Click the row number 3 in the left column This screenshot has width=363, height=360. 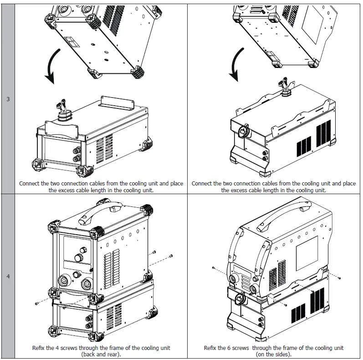[8, 99]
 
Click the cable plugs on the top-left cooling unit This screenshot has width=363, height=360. [62, 108]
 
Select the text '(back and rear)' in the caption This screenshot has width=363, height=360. [101, 354]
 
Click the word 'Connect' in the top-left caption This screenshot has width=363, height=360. [30, 184]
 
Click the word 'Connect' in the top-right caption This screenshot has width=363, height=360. [202, 184]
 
